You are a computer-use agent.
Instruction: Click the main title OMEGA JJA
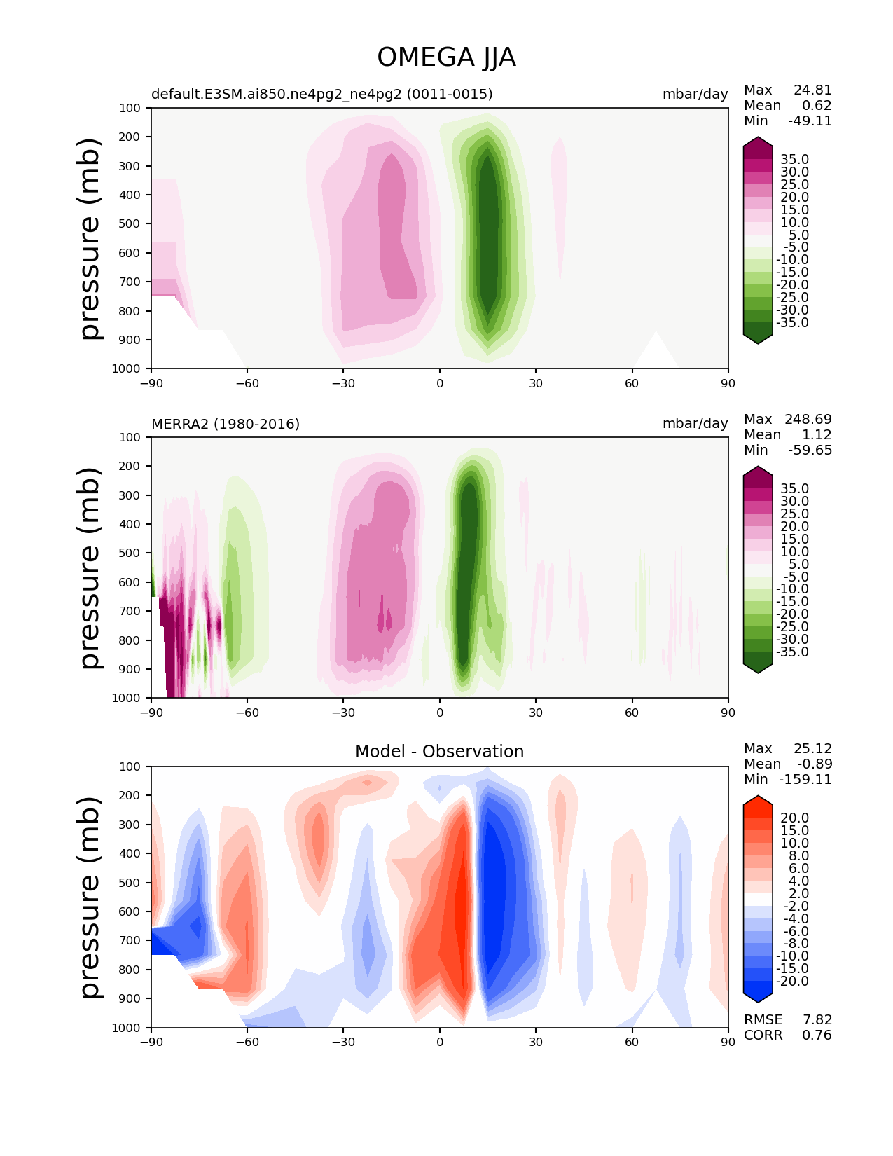(446, 57)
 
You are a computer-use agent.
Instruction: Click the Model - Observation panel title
(439, 751)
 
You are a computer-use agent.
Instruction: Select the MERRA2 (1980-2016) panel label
(226, 424)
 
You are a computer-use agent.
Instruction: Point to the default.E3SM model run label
(321, 94)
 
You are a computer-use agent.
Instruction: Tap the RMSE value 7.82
(817, 1020)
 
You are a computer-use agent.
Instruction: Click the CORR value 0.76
(817, 1035)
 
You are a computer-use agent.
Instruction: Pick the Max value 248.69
(808, 419)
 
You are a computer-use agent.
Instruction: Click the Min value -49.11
(810, 121)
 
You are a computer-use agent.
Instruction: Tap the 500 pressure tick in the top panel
(130, 224)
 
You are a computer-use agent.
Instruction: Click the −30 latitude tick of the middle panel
(343, 713)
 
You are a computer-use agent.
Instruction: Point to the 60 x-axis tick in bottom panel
(631, 1043)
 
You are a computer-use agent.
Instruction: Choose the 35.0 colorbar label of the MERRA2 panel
(795, 489)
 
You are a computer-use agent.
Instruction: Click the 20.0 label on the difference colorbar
(795, 818)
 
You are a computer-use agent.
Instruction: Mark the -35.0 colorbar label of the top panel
(792, 323)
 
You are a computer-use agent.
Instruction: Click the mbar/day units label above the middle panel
(695, 424)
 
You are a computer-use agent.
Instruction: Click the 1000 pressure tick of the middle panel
(127, 698)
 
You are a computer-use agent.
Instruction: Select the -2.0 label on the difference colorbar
(792, 907)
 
